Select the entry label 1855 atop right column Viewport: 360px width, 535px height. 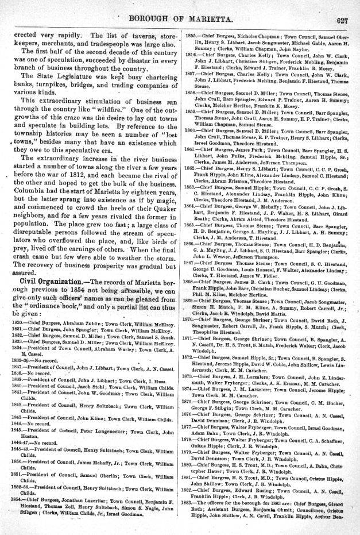[192, 36]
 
